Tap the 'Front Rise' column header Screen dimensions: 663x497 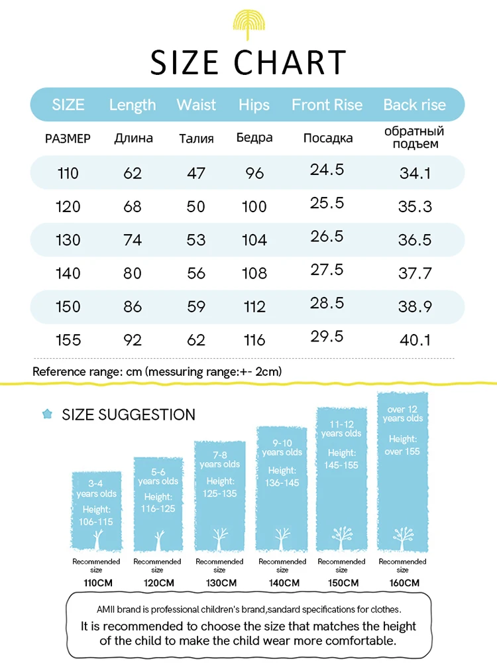pos(327,105)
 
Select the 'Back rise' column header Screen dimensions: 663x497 pos(415,105)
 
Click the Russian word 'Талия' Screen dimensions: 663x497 pos(196,139)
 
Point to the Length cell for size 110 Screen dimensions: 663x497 pos(133,173)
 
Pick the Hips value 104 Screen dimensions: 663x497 pos(254,240)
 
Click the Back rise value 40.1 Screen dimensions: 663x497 pos(415,340)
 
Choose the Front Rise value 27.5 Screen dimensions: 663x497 pos(327,269)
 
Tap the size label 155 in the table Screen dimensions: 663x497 pos(68,340)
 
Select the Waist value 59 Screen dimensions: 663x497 pos(196,306)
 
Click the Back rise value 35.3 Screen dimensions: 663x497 pos(415,206)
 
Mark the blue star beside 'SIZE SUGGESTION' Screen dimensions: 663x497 pos(47,414)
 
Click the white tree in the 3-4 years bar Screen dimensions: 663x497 pos(97,538)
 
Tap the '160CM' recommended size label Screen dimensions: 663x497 pos(403,583)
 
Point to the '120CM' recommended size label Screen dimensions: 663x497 pos(157,583)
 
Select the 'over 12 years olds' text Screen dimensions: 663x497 pos(403,414)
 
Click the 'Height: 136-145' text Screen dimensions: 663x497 pos(283,476)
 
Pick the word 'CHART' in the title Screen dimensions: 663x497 pos(290,62)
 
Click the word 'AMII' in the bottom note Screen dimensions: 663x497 pos(105,609)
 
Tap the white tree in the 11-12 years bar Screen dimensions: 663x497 pos(341,534)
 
